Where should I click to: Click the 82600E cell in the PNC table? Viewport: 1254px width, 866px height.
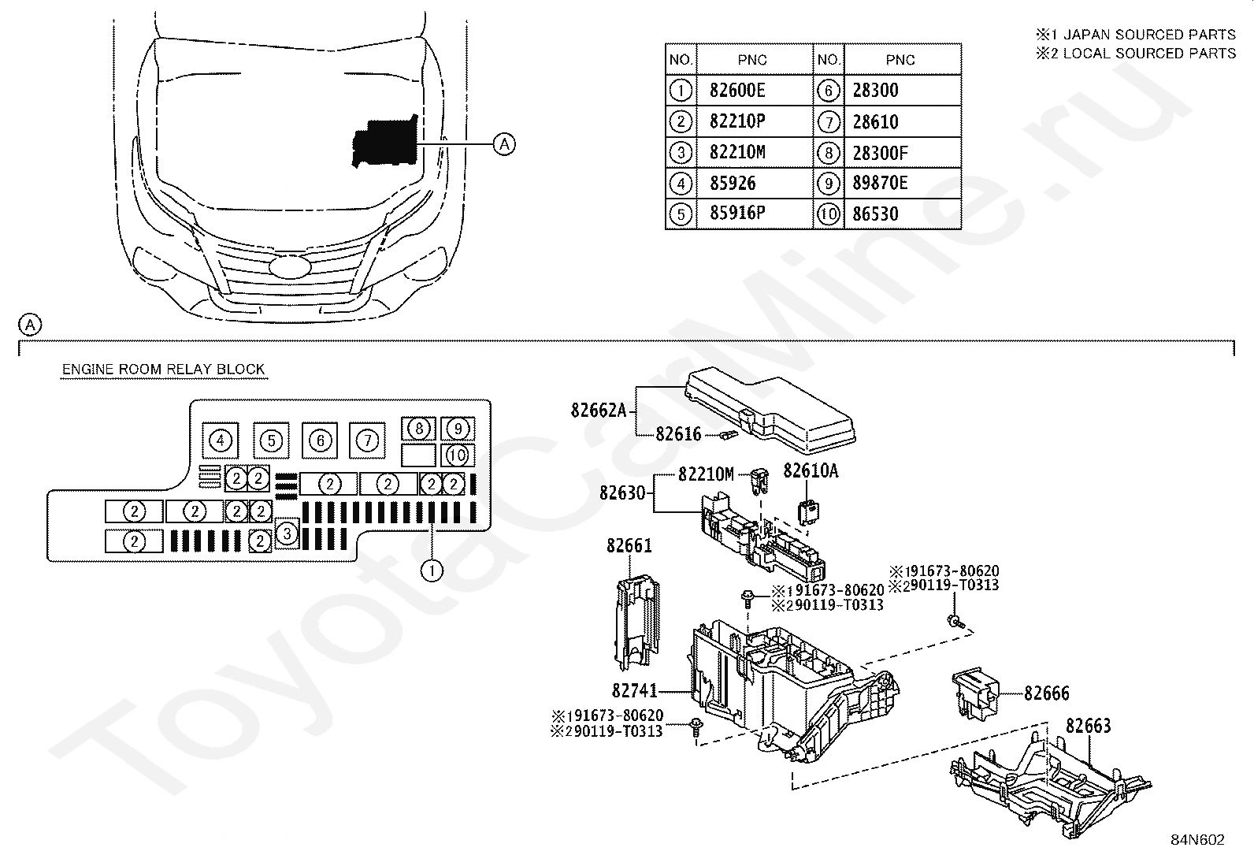coord(736,91)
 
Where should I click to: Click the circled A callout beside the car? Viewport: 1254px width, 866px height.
coord(504,143)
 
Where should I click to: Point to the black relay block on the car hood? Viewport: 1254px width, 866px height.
coord(384,143)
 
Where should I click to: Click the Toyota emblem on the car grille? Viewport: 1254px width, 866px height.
coord(291,266)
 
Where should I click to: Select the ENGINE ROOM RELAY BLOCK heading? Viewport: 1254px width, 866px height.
coord(163,370)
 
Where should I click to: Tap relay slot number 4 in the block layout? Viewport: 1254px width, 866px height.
coord(221,440)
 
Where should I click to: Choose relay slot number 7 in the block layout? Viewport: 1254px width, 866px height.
coord(367,440)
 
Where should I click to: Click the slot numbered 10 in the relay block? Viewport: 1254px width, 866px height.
coord(457,455)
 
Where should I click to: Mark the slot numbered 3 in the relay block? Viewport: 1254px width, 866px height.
coord(287,534)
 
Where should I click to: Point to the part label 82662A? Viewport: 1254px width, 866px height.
coord(598,410)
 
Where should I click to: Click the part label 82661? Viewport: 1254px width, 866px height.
coord(629,545)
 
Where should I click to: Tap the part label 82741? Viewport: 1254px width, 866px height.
coord(634,691)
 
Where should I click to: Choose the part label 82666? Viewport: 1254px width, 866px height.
coord(1046,693)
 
